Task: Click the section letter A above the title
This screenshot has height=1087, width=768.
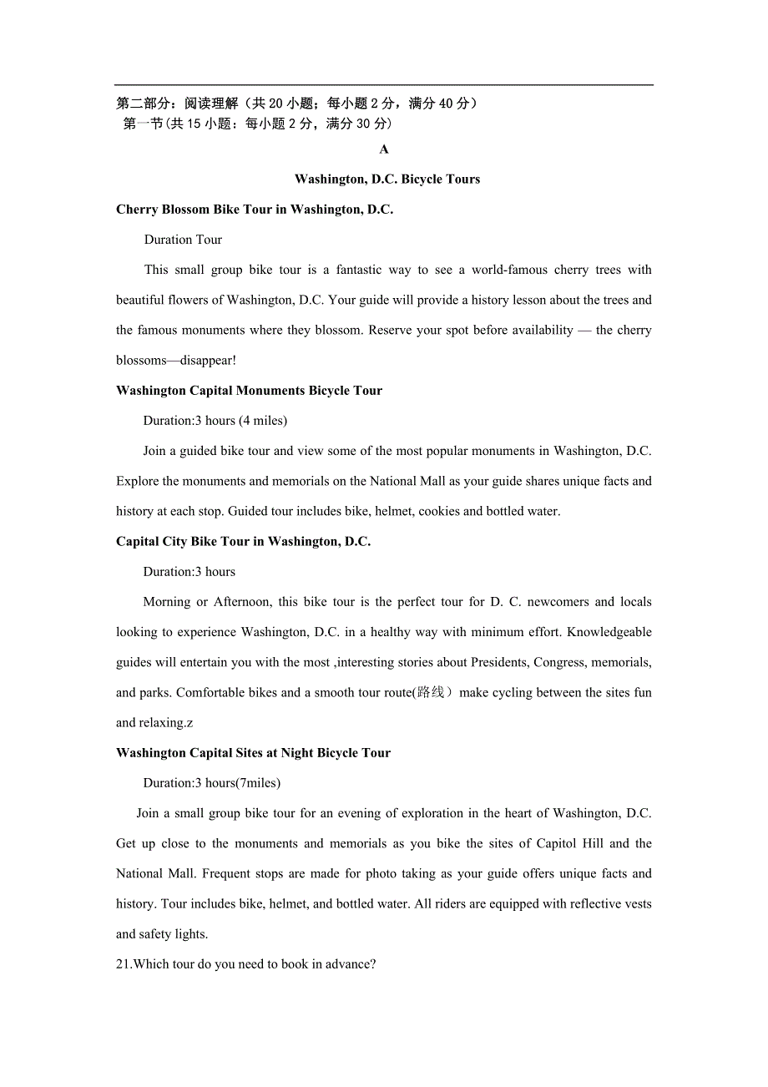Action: pos(384,149)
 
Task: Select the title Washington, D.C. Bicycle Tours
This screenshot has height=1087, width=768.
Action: pos(387,179)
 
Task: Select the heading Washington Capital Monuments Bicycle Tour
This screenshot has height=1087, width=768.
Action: pos(249,391)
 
